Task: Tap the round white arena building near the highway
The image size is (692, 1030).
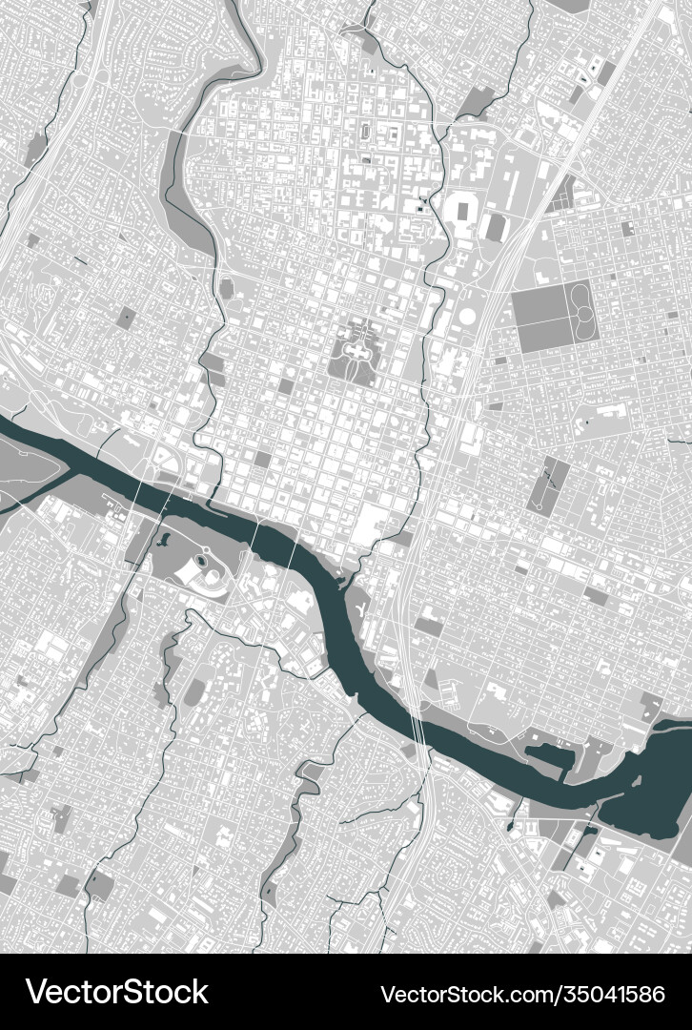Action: coord(467,315)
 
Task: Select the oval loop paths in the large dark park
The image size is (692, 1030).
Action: coord(580,310)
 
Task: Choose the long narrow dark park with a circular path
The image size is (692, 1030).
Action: coord(549,484)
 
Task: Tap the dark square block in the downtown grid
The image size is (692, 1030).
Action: coord(262,460)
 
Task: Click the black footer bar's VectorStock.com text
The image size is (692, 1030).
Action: coord(522,993)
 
